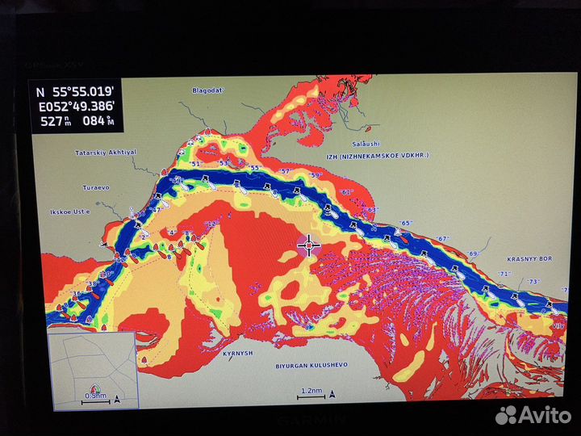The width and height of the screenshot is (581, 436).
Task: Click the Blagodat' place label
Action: coord(206,91)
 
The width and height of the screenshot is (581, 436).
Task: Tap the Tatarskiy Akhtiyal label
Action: coord(106,152)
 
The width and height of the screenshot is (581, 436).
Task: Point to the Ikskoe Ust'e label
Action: coord(69,212)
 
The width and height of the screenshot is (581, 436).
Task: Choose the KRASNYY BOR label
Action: coord(529,259)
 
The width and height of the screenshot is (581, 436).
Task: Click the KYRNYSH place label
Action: coord(237,353)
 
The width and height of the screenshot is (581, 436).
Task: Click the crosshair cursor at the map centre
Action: coord(308,245)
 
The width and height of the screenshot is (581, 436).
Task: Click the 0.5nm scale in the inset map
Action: coord(95,396)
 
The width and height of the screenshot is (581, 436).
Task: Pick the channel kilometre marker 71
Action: coord(505,274)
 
